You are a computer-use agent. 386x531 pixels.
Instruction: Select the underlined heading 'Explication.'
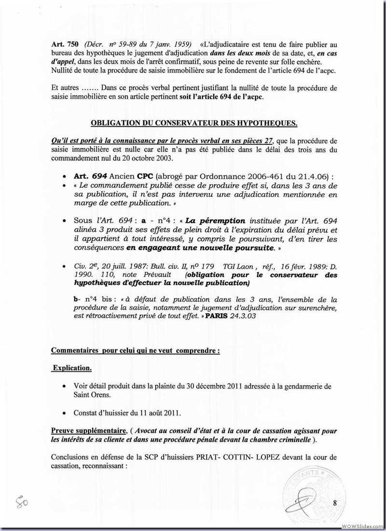click(x=71, y=368)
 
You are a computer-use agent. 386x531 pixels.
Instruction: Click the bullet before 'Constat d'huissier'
click(x=65, y=414)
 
